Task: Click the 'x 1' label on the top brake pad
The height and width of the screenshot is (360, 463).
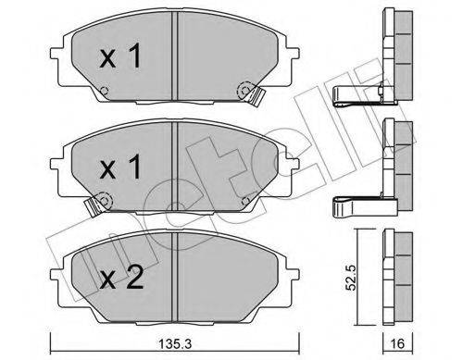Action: pos(121,58)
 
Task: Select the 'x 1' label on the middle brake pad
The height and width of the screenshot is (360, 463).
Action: pos(121,168)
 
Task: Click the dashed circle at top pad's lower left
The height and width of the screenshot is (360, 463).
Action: pos(105,91)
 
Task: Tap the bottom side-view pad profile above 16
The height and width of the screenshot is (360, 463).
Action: pos(398,278)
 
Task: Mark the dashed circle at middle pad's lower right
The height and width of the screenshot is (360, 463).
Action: pos(245,196)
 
